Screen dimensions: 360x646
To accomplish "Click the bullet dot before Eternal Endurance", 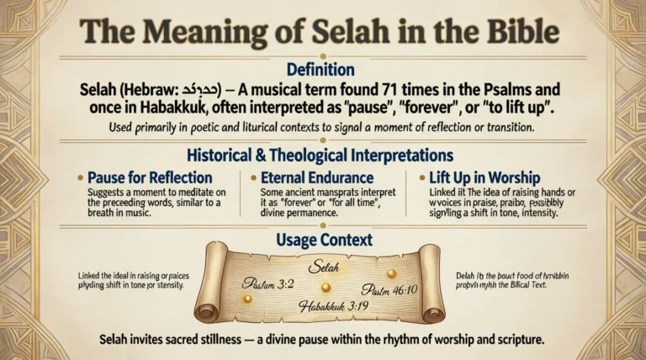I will (x=255, y=177).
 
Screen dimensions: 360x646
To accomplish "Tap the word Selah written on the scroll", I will (x=322, y=267).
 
